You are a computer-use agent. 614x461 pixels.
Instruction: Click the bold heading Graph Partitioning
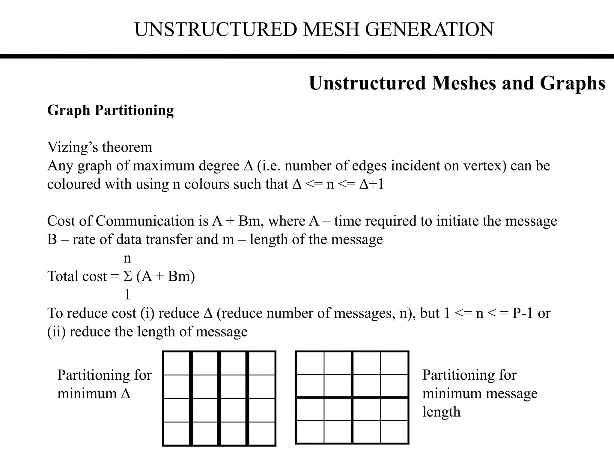pyautogui.click(x=110, y=110)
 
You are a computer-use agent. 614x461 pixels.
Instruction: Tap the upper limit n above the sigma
pyautogui.click(x=127, y=258)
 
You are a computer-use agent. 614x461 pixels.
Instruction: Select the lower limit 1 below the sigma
pyautogui.click(x=127, y=295)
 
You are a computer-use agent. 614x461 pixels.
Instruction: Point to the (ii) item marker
pyautogui.click(x=56, y=332)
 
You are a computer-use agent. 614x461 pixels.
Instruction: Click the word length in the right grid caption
pyautogui.click(x=441, y=412)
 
